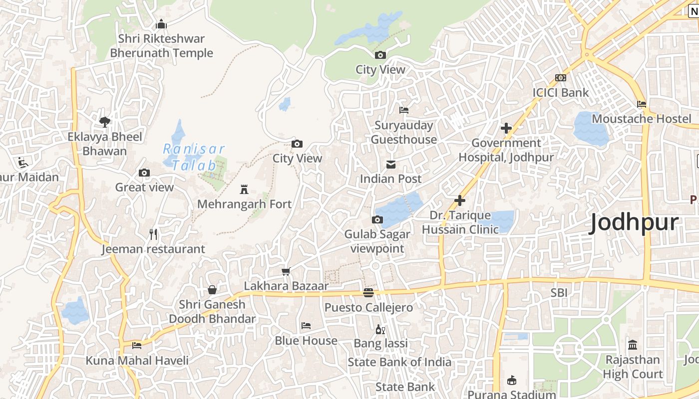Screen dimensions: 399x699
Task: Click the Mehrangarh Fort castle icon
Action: tap(244, 190)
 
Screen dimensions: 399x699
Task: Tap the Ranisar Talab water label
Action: tap(194, 157)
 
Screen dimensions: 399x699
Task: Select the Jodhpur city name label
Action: tap(634, 222)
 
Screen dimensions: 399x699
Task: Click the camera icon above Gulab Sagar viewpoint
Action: tap(377, 219)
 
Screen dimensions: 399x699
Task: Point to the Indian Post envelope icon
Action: tap(391, 164)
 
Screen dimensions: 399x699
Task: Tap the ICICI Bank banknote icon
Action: tap(561, 78)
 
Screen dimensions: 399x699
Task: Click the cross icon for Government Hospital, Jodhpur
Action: tap(506, 128)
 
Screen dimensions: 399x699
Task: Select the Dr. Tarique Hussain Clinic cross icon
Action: tap(460, 200)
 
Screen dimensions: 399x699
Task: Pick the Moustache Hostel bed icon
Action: tap(642, 104)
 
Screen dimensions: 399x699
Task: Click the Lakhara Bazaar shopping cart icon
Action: tap(286, 271)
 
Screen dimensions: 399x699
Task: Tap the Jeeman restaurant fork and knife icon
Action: tap(154, 234)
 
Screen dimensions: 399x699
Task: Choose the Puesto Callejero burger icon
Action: tap(368, 293)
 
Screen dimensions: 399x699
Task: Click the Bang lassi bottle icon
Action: tap(380, 329)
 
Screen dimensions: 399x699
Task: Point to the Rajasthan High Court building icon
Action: tap(633, 345)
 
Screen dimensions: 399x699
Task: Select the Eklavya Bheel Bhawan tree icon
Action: tap(105, 122)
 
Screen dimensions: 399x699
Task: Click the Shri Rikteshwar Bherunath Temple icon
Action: tap(161, 24)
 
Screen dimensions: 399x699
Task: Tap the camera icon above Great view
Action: tap(144, 173)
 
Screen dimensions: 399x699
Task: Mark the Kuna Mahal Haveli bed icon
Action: tap(137, 346)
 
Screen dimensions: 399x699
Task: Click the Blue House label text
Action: tap(306, 341)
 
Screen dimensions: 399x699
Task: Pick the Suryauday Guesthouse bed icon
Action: tap(404, 110)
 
